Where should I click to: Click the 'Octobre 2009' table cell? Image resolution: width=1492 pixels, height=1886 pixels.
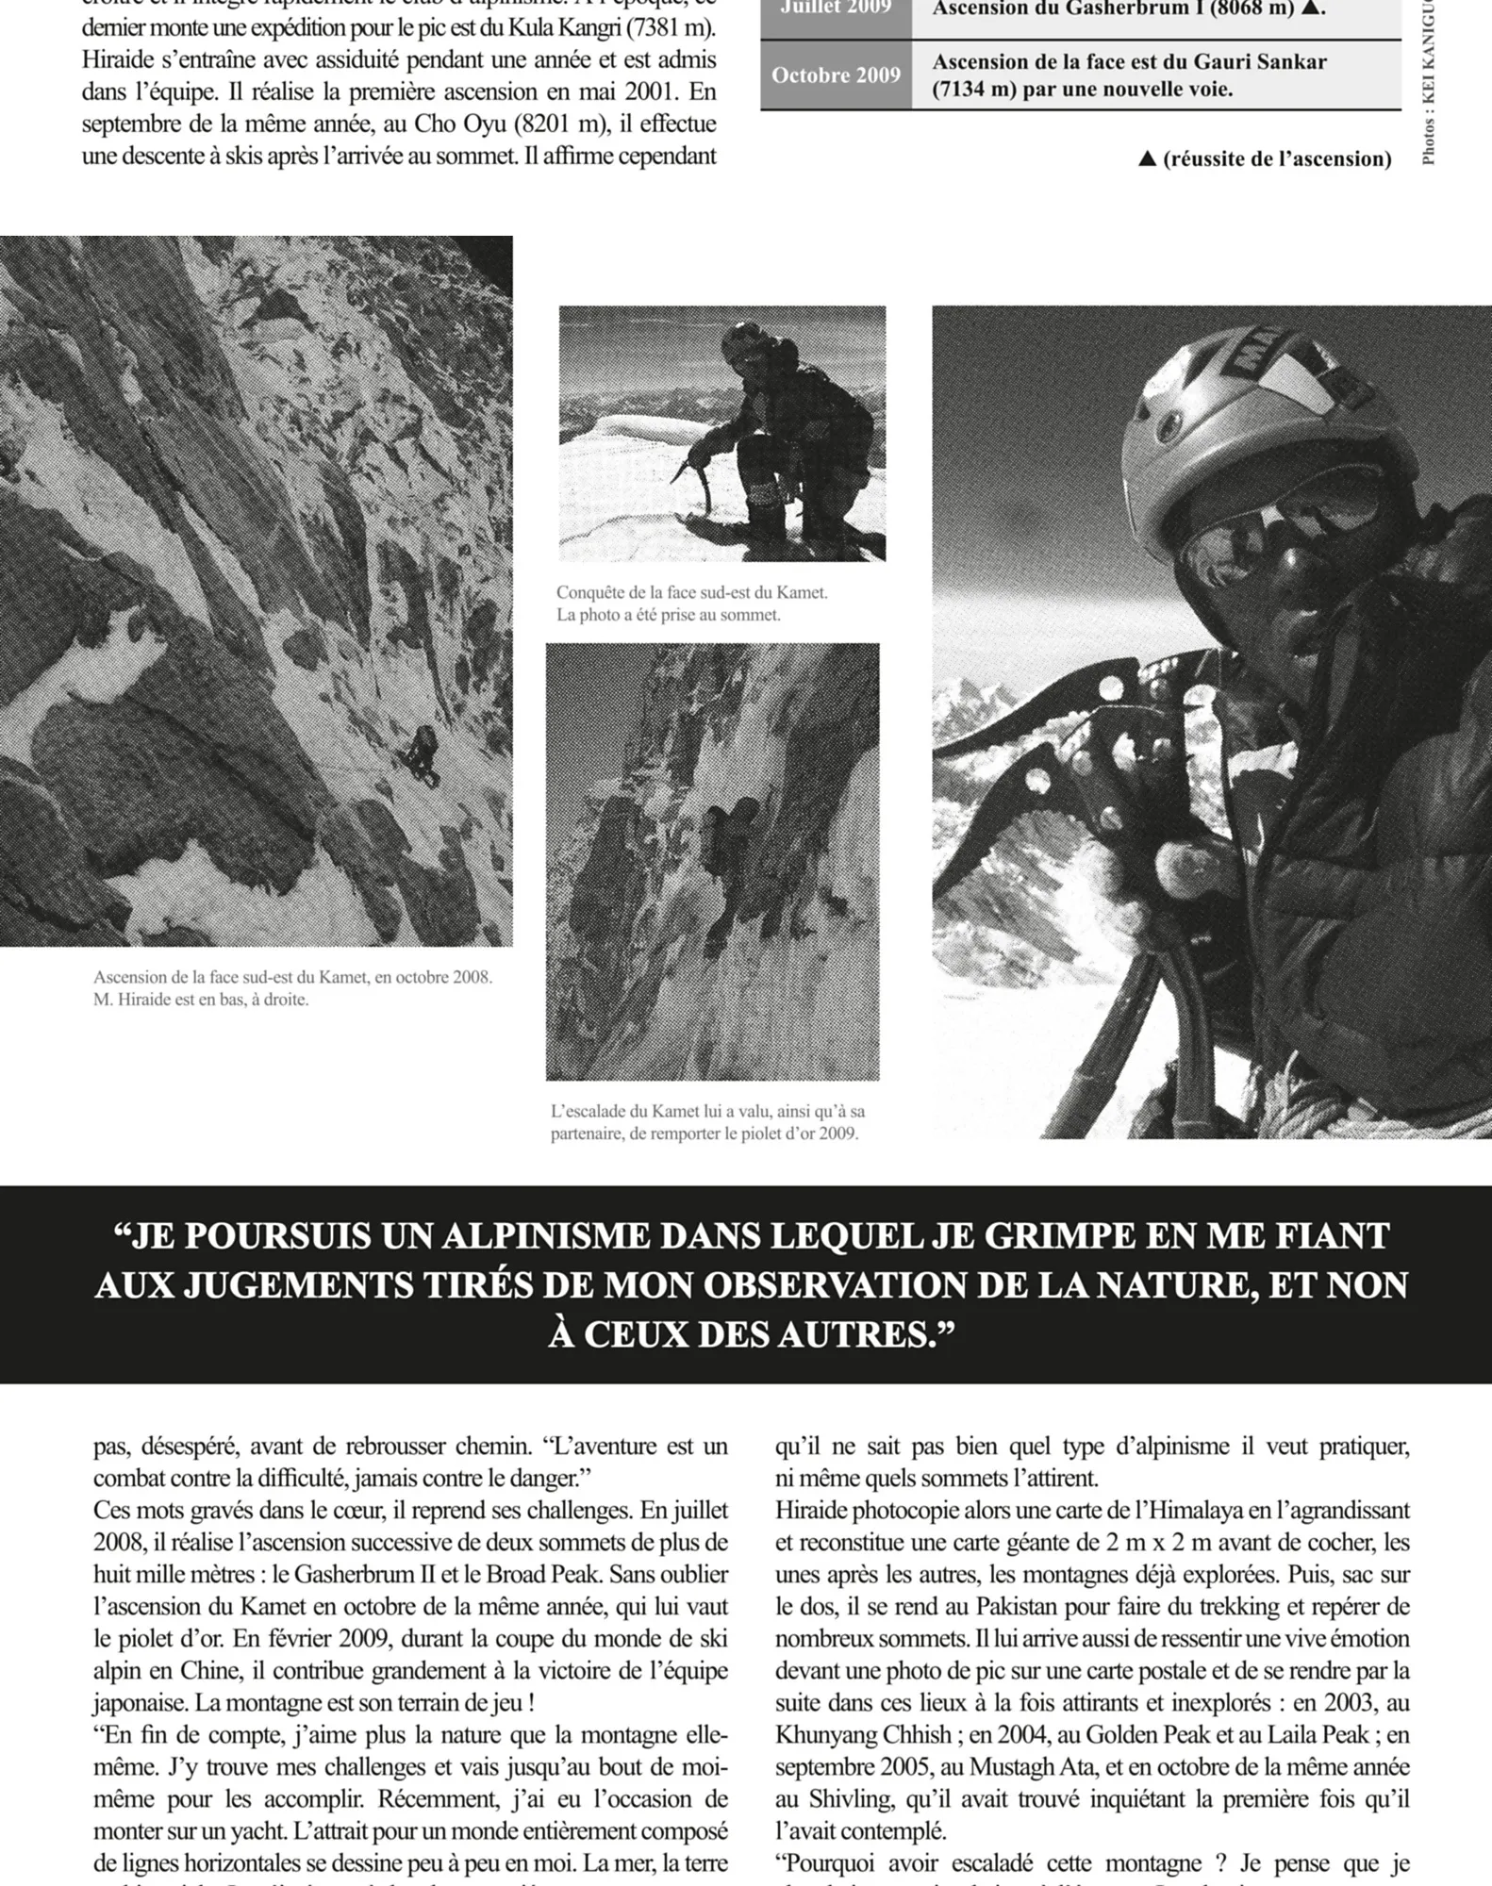pyautogui.click(x=836, y=75)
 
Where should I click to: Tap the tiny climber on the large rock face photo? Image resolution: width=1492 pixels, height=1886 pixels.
pyautogui.click(x=423, y=754)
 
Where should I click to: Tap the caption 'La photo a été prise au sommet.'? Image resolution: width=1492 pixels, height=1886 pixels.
pyautogui.click(x=669, y=615)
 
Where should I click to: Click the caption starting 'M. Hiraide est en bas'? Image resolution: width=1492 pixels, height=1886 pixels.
pyautogui.click(x=201, y=1000)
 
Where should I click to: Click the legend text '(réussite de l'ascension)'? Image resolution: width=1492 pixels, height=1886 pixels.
pyautogui.click(x=1277, y=158)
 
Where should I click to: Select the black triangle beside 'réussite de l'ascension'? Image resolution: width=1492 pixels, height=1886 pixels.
pyautogui.click(x=1148, y=158)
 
